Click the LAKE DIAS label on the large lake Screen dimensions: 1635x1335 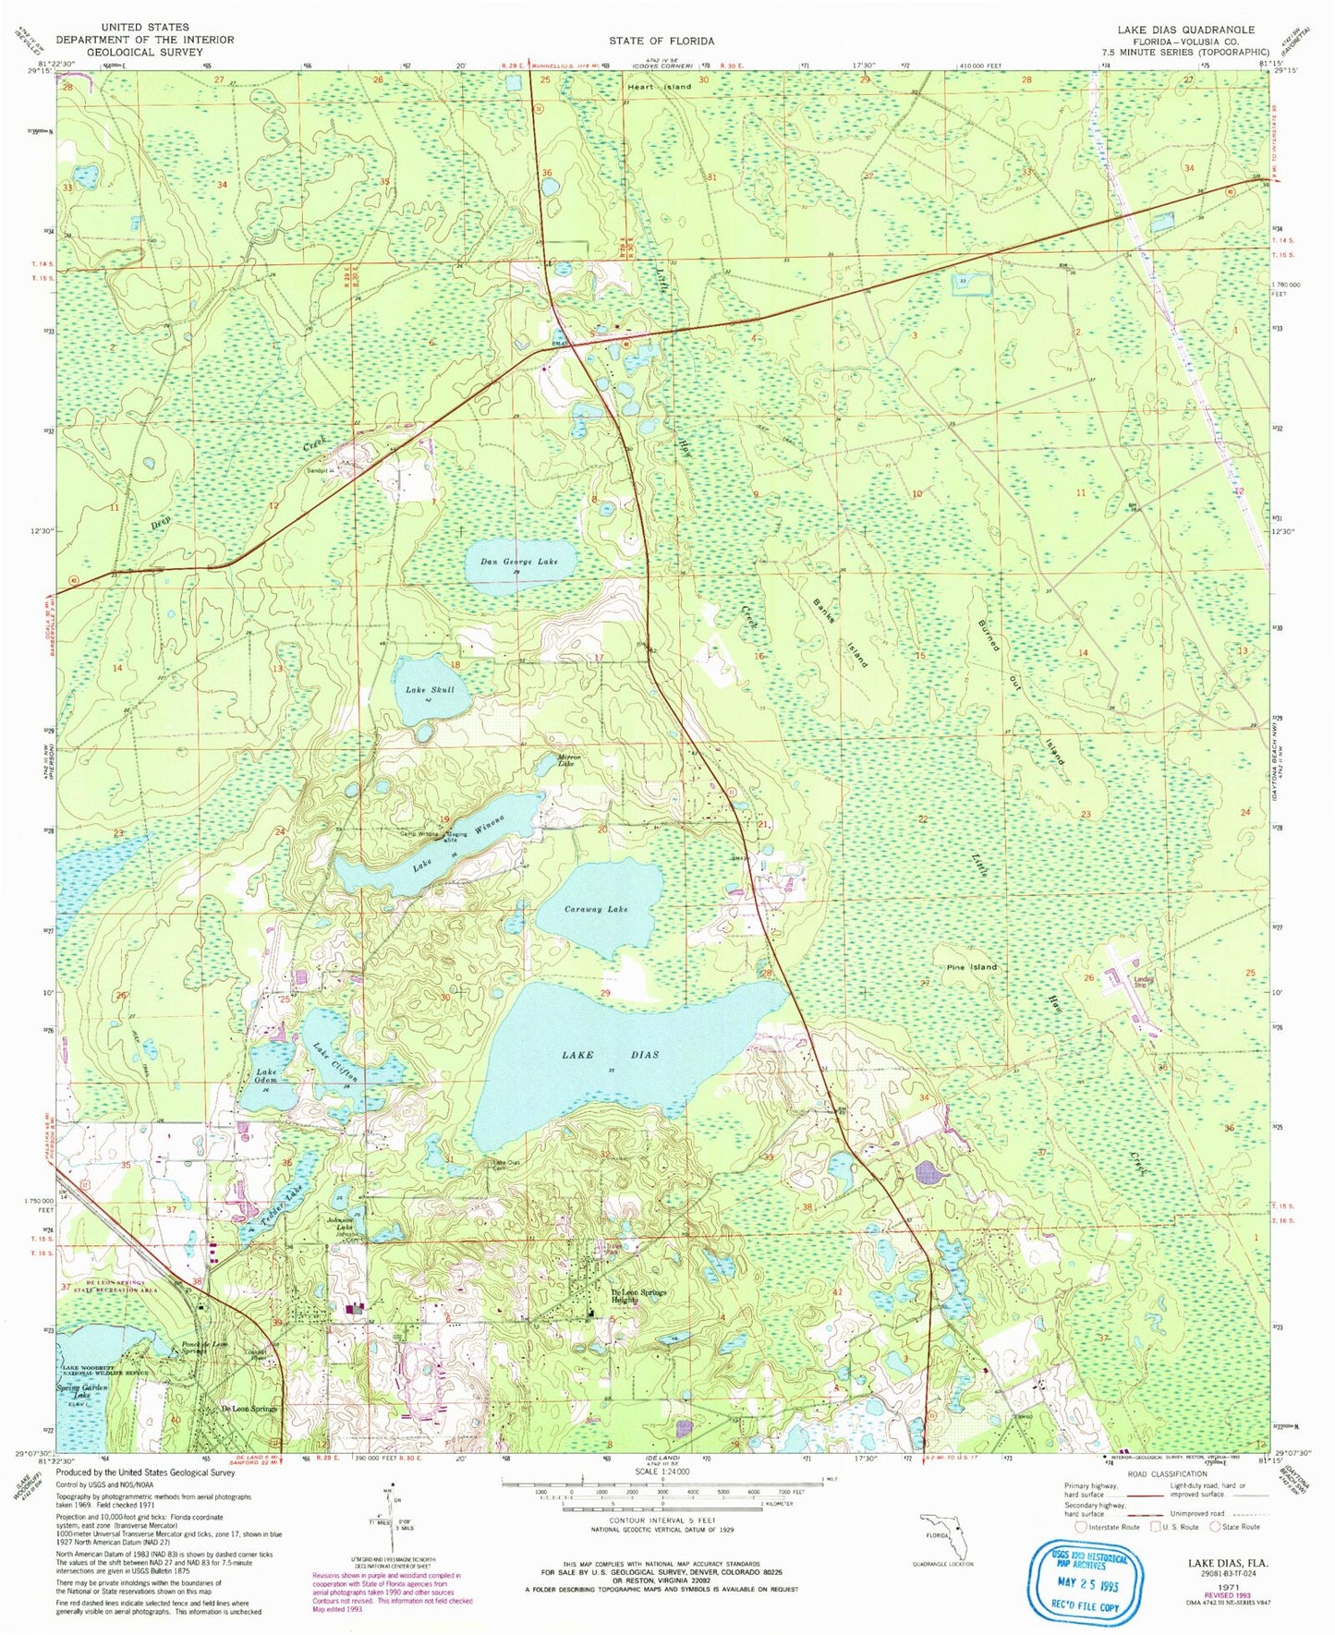tap(612, 1054)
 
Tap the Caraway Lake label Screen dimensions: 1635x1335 tap(596, 909)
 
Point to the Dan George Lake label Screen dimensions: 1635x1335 tap(519, 562)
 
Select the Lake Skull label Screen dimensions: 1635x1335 tap(430, 689)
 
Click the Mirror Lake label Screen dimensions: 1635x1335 tap(565, 761)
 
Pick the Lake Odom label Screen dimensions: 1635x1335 tap(266, 1076)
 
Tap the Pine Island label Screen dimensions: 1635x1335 tap(971, 967)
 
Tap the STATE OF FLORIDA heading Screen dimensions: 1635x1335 tap(661, 41)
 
